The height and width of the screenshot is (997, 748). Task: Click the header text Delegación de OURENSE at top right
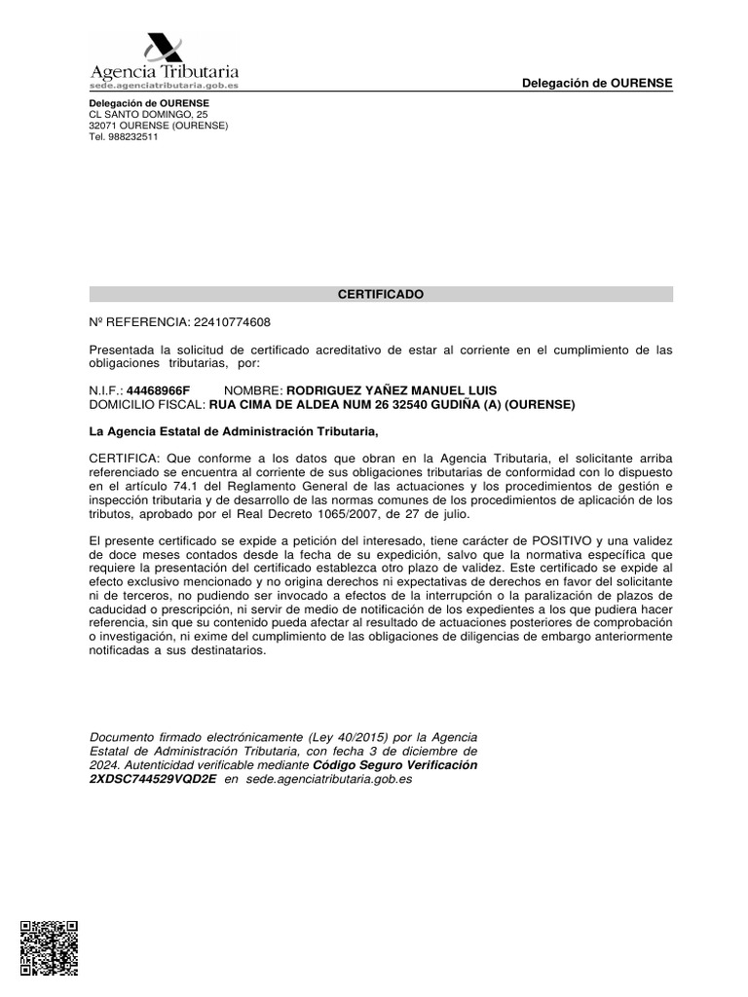pyautogui.click(x=597, y=83)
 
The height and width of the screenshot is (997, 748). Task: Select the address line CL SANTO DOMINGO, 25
pyautogui.click(x=148, y=114)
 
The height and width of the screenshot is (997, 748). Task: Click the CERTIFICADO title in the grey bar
pyautogui.click(x=381, y=294)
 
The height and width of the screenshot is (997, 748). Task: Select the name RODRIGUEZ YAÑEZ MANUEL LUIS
pyautogui.click(x=391, y=390)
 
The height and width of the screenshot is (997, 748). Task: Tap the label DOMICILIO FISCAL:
pyautogui.click(x=146, y=404)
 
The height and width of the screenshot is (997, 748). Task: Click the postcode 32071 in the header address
pyautogui.click(x=103, y=126)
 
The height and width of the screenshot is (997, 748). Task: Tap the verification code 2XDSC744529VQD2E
pyautogui.click(x=152, y=780)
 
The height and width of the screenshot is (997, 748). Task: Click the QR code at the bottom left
pyautogui.click(x=49, y=947)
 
